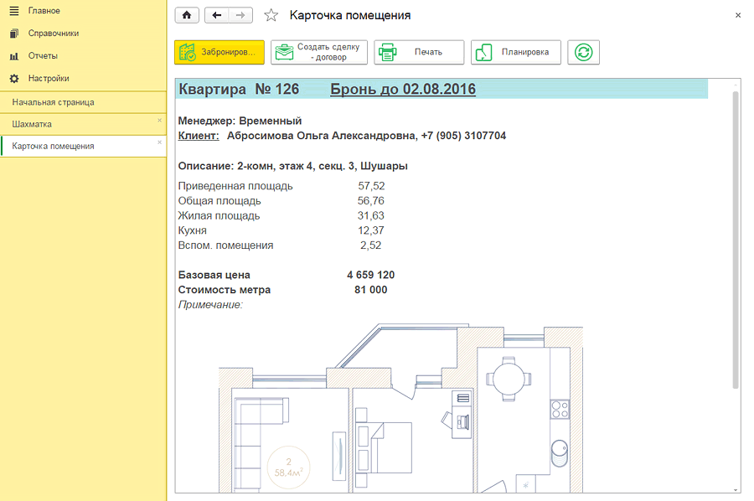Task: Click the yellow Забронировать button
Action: [x=219, y=52]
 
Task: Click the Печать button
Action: [x=420, y=52]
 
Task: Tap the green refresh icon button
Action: [x=584, y=52]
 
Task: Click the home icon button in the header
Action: [x=186, y=15]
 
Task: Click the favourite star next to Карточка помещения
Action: [x=271, y=15]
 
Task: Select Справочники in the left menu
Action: [x=53, y=34]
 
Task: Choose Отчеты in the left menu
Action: [x=43, y=56]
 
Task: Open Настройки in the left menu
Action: [x=48, y=78]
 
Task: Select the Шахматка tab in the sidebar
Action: [x=32, y=124]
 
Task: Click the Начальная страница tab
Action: [x=53, y=102]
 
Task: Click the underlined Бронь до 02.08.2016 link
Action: [x=403, y=90]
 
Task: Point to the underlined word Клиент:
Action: [x=199, y=136]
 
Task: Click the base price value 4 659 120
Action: [x=370, y=275]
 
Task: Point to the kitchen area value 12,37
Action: [x=370, y=230]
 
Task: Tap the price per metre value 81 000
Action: [x=370, y=290]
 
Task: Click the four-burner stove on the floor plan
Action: [x=560, y=410]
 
